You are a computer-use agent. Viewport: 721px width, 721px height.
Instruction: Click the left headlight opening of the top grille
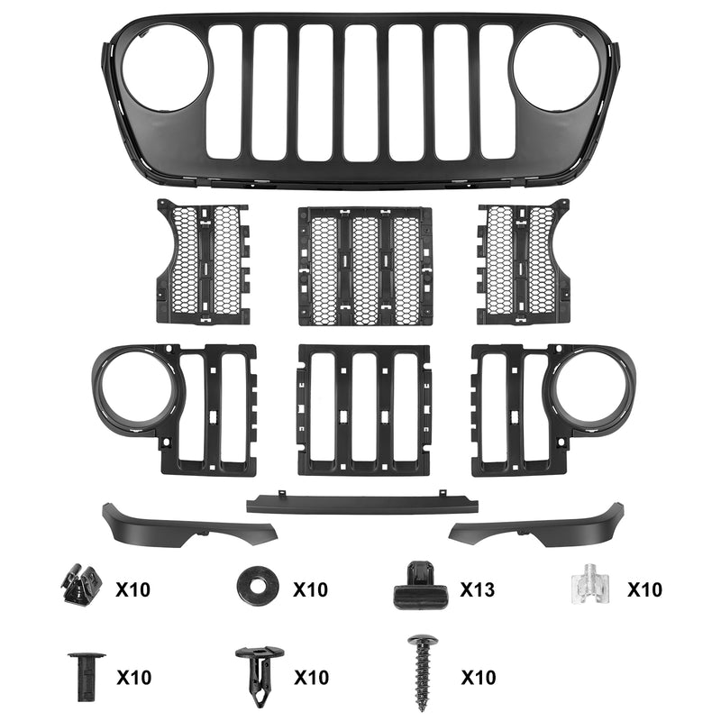pos(166,68)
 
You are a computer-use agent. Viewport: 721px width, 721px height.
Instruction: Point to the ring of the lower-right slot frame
pos(590,386)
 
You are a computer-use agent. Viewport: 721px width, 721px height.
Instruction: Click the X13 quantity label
pos(478,589)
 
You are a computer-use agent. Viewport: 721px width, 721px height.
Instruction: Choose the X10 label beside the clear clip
pos(644,589)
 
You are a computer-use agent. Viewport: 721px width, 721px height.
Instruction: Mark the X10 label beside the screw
pos(479,677)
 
